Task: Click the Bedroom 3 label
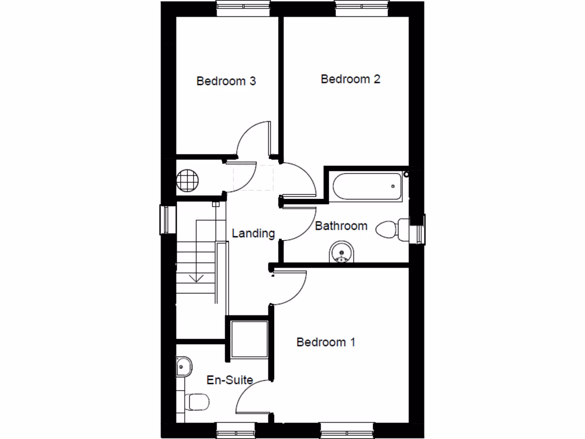226,81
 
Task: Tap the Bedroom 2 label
350,79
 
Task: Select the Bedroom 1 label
326,342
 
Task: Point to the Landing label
253,233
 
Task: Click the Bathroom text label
341,226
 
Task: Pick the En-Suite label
229,380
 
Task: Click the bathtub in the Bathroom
365,185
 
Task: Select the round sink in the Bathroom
342,252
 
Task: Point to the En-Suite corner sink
184,365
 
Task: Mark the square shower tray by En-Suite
249,340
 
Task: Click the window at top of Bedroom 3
243,7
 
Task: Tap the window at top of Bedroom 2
362,7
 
